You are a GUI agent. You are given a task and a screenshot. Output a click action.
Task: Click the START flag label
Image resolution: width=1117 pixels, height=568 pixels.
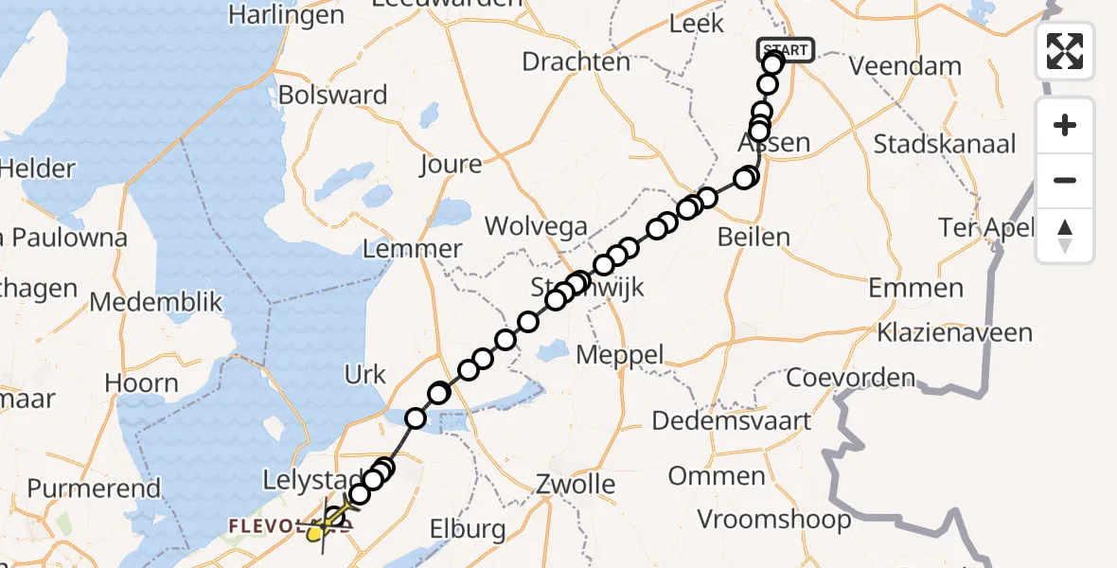[785, 49]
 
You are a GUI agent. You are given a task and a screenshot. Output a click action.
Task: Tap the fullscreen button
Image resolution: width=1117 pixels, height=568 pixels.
[1065, 50]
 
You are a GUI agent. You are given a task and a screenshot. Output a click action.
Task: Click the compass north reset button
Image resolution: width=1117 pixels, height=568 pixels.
[1065, 236]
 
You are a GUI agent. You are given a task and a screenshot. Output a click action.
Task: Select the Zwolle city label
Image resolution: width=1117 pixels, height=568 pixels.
[575, 486]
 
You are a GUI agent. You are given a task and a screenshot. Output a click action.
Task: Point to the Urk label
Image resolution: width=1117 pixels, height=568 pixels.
[365, 375]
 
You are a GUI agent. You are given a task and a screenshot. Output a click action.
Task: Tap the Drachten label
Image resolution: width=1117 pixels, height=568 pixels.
[576, 62]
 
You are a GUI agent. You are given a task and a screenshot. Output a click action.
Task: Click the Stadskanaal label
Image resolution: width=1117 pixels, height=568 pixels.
[945, 145]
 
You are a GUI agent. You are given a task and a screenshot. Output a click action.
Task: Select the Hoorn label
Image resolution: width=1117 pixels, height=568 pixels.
[142, 383]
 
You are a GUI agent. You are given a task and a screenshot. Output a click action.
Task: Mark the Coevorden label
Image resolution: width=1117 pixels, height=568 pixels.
[851, 378]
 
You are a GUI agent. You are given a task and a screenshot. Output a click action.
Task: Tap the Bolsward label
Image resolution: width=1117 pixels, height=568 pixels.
[333, 96]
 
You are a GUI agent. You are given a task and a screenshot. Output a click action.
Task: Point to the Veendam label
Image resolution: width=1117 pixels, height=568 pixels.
[905, 67]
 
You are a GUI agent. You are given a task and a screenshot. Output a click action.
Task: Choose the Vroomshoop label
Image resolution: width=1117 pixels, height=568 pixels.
[773, 519]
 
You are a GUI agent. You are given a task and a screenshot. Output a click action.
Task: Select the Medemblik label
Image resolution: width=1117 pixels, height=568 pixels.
[156, 303]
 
